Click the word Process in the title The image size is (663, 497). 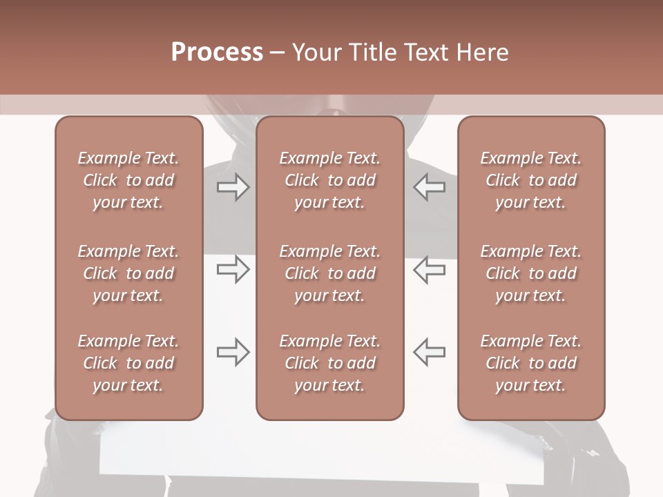[x=217, y=52]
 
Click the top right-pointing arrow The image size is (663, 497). [x=233, y=187]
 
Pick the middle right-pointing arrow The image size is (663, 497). [x=233, y=269]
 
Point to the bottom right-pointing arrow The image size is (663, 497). [x=233, y=352]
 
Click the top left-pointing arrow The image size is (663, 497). [x=429, y=187]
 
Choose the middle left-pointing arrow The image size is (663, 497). [x=429, y=269]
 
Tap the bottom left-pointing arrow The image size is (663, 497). [x=429, y=352]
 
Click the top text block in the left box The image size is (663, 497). [x=128, y=180]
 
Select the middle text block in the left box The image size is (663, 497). [x=128, y=273]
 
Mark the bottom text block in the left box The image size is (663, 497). [x=128, y=363]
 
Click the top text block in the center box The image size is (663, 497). [x=330, y=180]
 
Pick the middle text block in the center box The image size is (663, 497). [x=330, y=273]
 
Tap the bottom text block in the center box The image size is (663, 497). [x=330, y=363]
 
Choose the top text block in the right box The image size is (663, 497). [x=531, y=180]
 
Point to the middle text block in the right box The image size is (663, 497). [x=531, y=273]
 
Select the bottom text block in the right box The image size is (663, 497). [x=531, y=363]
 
